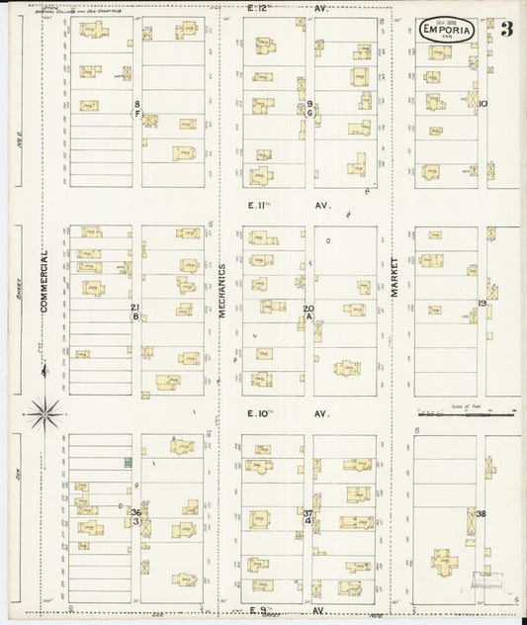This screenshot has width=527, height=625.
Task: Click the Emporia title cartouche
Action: pyautogui.click(x=447, y=30)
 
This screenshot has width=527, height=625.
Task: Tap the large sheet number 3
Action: pyautogui.click(x=506, y=28)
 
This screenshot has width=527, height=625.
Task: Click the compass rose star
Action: pyautogui.click(x=44, y=412)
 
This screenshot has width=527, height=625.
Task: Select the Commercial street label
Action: pyautogui.click(x=44, y=282)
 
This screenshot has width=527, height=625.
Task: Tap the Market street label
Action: pyautogui.click(x=394, y=277)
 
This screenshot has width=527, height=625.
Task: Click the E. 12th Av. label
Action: pyautogui.click(x=273, y=8)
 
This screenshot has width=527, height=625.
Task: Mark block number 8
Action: pyautogui.click(x=137, y=104)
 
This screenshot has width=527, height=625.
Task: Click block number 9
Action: pyautogui.click(x=309, y=104)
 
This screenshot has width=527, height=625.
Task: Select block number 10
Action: pyautogui.click(x=483, y=103)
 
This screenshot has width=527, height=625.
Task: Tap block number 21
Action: pyautogui.click(x=134, y=308)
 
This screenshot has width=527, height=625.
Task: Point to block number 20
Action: pyautogui.click(x=308, y=309)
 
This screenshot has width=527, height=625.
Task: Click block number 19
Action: pyautogui.click(x=483, y=303)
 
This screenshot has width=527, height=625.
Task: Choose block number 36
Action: pyautogui.click(x=136, y=512)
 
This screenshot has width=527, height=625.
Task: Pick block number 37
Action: pyautogui.click(x=308, y=512)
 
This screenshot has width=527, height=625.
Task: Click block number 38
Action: pyautogui.click(x=482, y=514)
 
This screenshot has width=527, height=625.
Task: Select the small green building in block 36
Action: pyautogui.click(x=128, y=463)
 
